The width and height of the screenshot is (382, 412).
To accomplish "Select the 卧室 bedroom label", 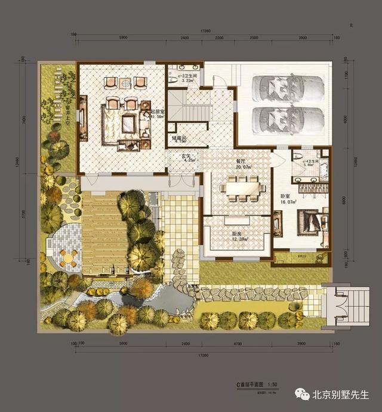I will tap(285, 195).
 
